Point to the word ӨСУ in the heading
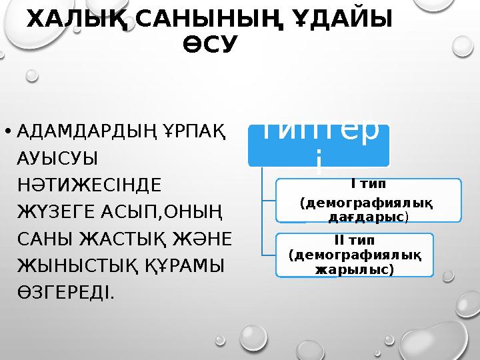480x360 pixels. [209, 45]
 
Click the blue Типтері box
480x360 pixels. [319, 143]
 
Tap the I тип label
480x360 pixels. [369, 183]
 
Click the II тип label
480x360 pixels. [355, 240]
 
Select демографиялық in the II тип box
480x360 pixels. [355, 255]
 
